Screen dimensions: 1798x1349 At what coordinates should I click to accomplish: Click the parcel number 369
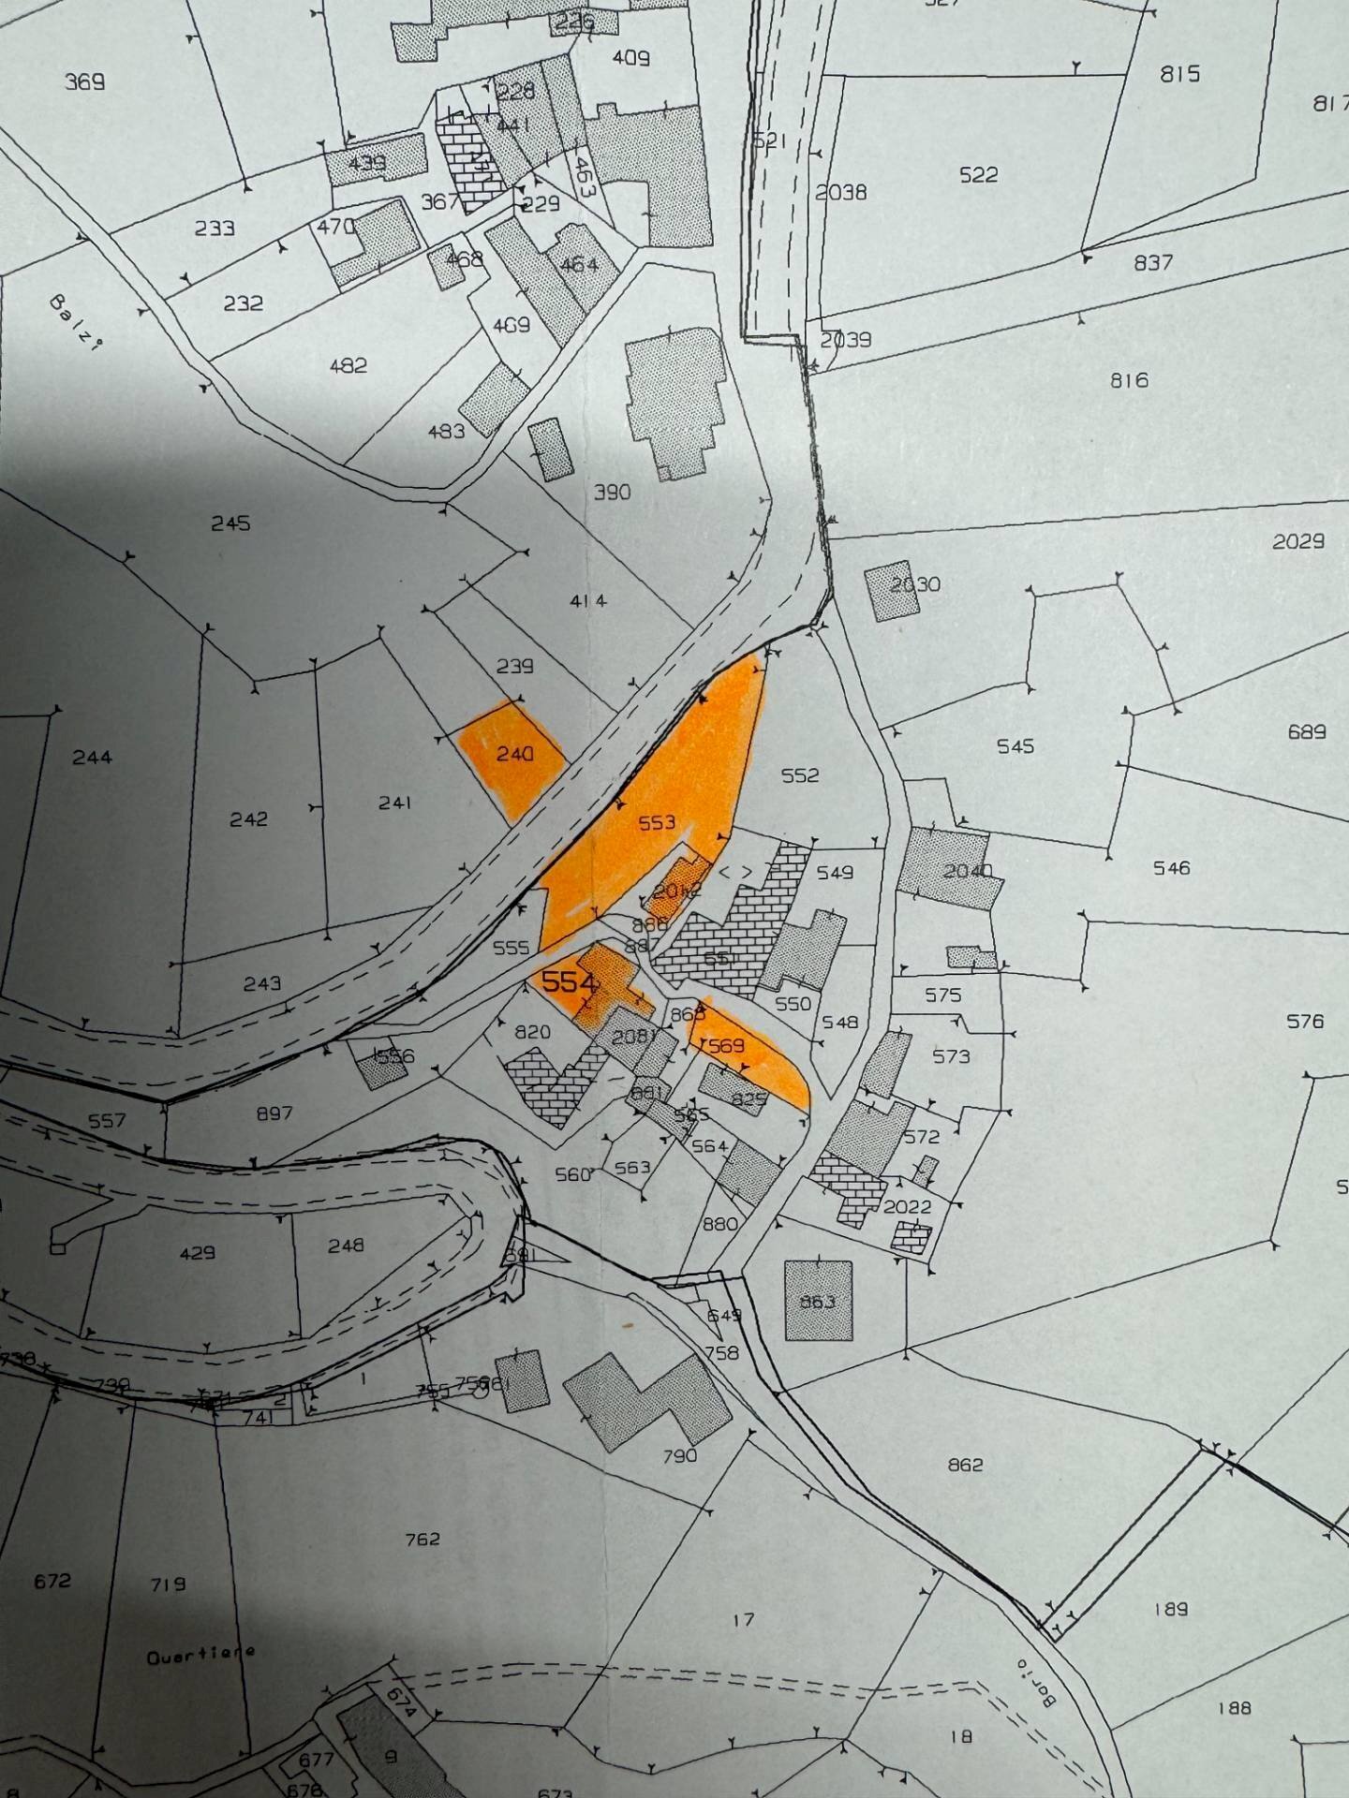[84, 82]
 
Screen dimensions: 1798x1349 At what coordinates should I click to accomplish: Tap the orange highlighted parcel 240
[513, 755]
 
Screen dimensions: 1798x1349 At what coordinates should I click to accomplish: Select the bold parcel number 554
[569, 982]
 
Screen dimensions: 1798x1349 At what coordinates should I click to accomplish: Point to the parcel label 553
[656, 823]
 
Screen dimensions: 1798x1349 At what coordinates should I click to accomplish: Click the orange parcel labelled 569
[728, 1046]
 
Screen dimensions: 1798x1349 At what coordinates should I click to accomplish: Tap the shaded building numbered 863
[818, 1302]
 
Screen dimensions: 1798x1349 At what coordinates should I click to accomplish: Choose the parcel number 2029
[1298, 541]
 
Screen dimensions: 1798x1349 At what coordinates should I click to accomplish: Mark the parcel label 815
[1179, 73]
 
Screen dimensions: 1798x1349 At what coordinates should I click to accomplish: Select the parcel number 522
[978, 175]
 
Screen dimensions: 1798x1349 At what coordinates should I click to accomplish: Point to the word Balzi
[75, 321]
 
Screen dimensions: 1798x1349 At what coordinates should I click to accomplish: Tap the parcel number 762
[422, 1540]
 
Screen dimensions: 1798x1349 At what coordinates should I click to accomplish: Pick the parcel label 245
[230, 523]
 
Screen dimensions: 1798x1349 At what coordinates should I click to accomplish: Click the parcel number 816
[1129, 380]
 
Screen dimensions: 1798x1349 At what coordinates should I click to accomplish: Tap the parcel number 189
[1171, 1609]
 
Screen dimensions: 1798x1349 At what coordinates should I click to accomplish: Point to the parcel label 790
[680, 1455]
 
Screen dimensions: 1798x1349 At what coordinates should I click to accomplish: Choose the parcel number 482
[348, 366]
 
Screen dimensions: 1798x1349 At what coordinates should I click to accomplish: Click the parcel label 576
[1304, 1021]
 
